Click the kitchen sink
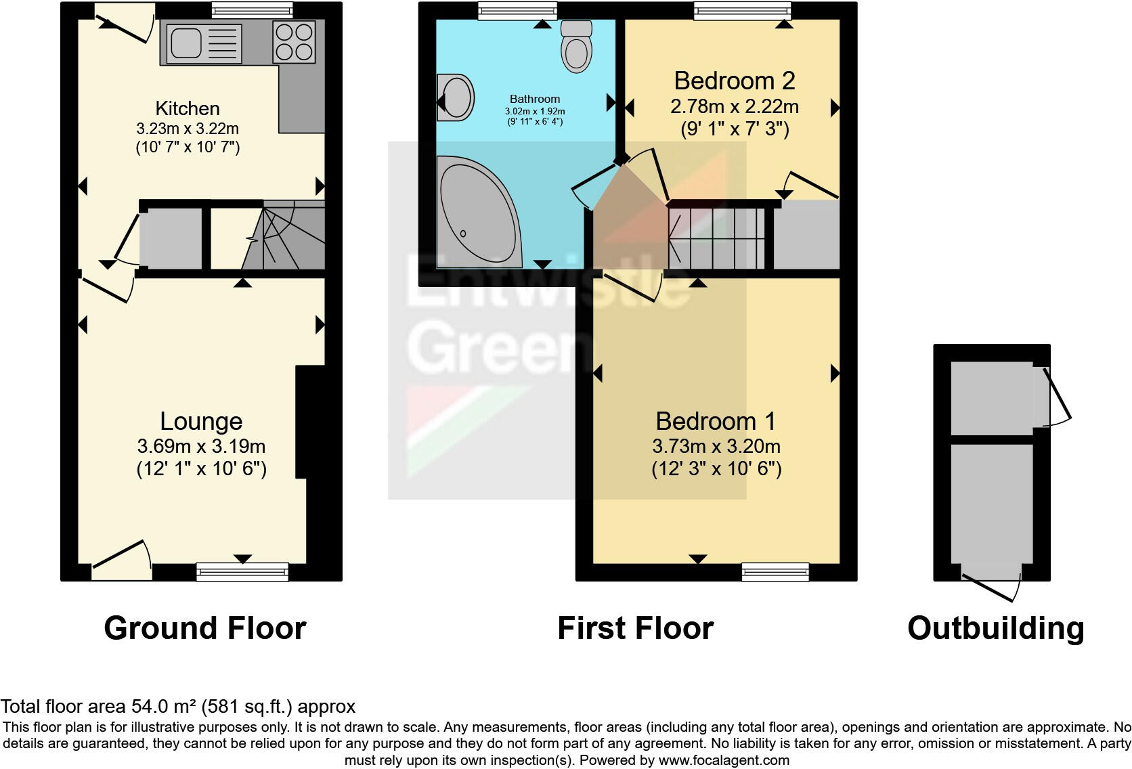200,44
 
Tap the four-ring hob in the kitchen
294,42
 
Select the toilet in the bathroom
576,46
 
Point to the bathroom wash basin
455,98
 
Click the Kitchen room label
188,108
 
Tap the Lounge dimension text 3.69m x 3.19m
201,446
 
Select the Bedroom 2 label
735,81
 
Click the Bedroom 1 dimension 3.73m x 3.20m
716,446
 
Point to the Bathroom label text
535,99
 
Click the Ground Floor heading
204,628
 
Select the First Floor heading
635,628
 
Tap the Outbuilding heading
995,628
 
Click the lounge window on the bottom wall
242,572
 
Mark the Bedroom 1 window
775,572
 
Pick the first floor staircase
718,238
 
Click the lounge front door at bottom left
122,562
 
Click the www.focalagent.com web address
724,760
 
